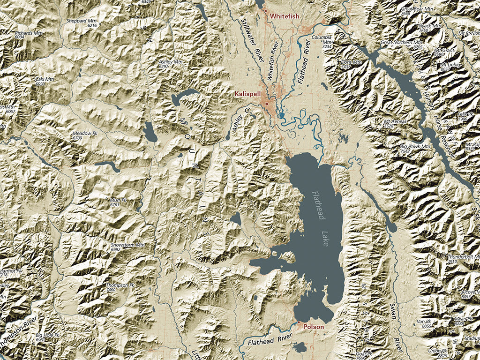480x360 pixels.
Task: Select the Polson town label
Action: [x=314, y=327]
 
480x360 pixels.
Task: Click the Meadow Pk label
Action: [x=84, y=134]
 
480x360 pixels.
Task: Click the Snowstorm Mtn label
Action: [x=127, y=245]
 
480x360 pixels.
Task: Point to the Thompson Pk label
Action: [x=120, y=285]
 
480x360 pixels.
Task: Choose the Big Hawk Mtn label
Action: [x=415, y=147]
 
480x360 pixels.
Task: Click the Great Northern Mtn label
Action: [x=401, y=42]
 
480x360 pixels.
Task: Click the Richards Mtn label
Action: [x=29, y=33]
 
